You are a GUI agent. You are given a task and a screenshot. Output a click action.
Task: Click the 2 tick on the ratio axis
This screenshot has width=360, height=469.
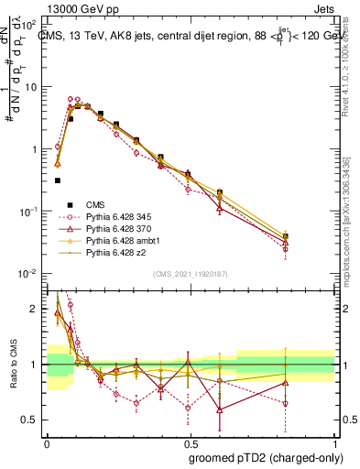(35, 309)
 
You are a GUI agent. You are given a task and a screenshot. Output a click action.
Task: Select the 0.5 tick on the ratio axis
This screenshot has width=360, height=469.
(31, 420)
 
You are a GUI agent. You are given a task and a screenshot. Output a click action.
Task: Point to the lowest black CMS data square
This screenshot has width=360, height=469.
(58, 180)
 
